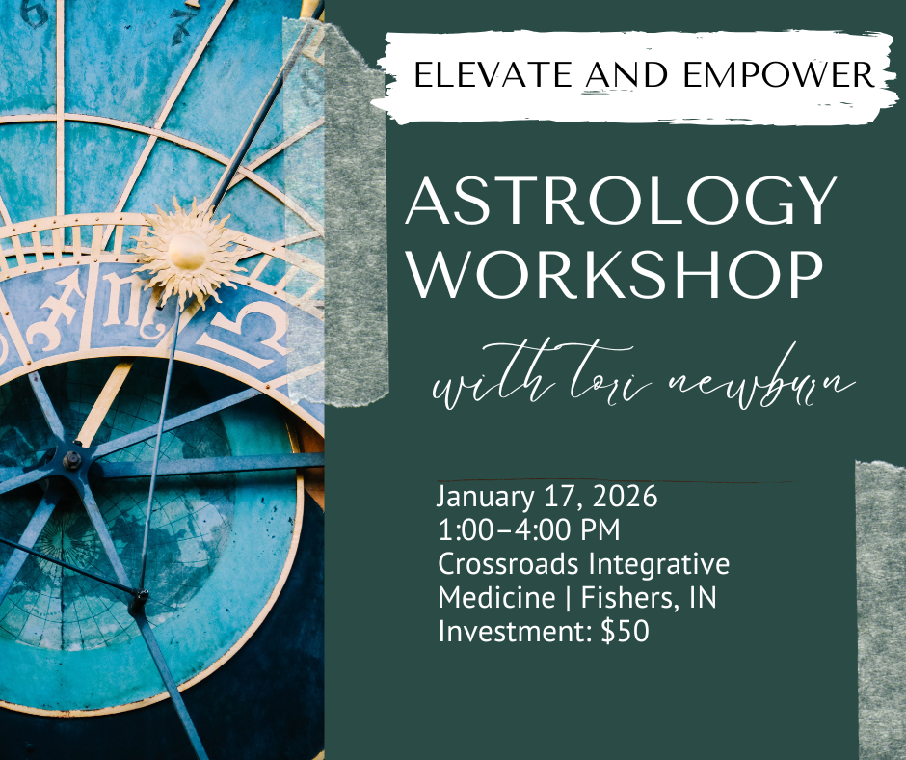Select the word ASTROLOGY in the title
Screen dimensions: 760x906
pyautogui.click(x=621, y=204)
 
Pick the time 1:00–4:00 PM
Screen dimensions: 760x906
pyautogui.click(x=529, y=531)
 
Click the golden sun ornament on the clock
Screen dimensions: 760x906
pyautogui.click(x=186, y=250)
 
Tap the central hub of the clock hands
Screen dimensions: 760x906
pyautogui.click(x=72, y=461)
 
